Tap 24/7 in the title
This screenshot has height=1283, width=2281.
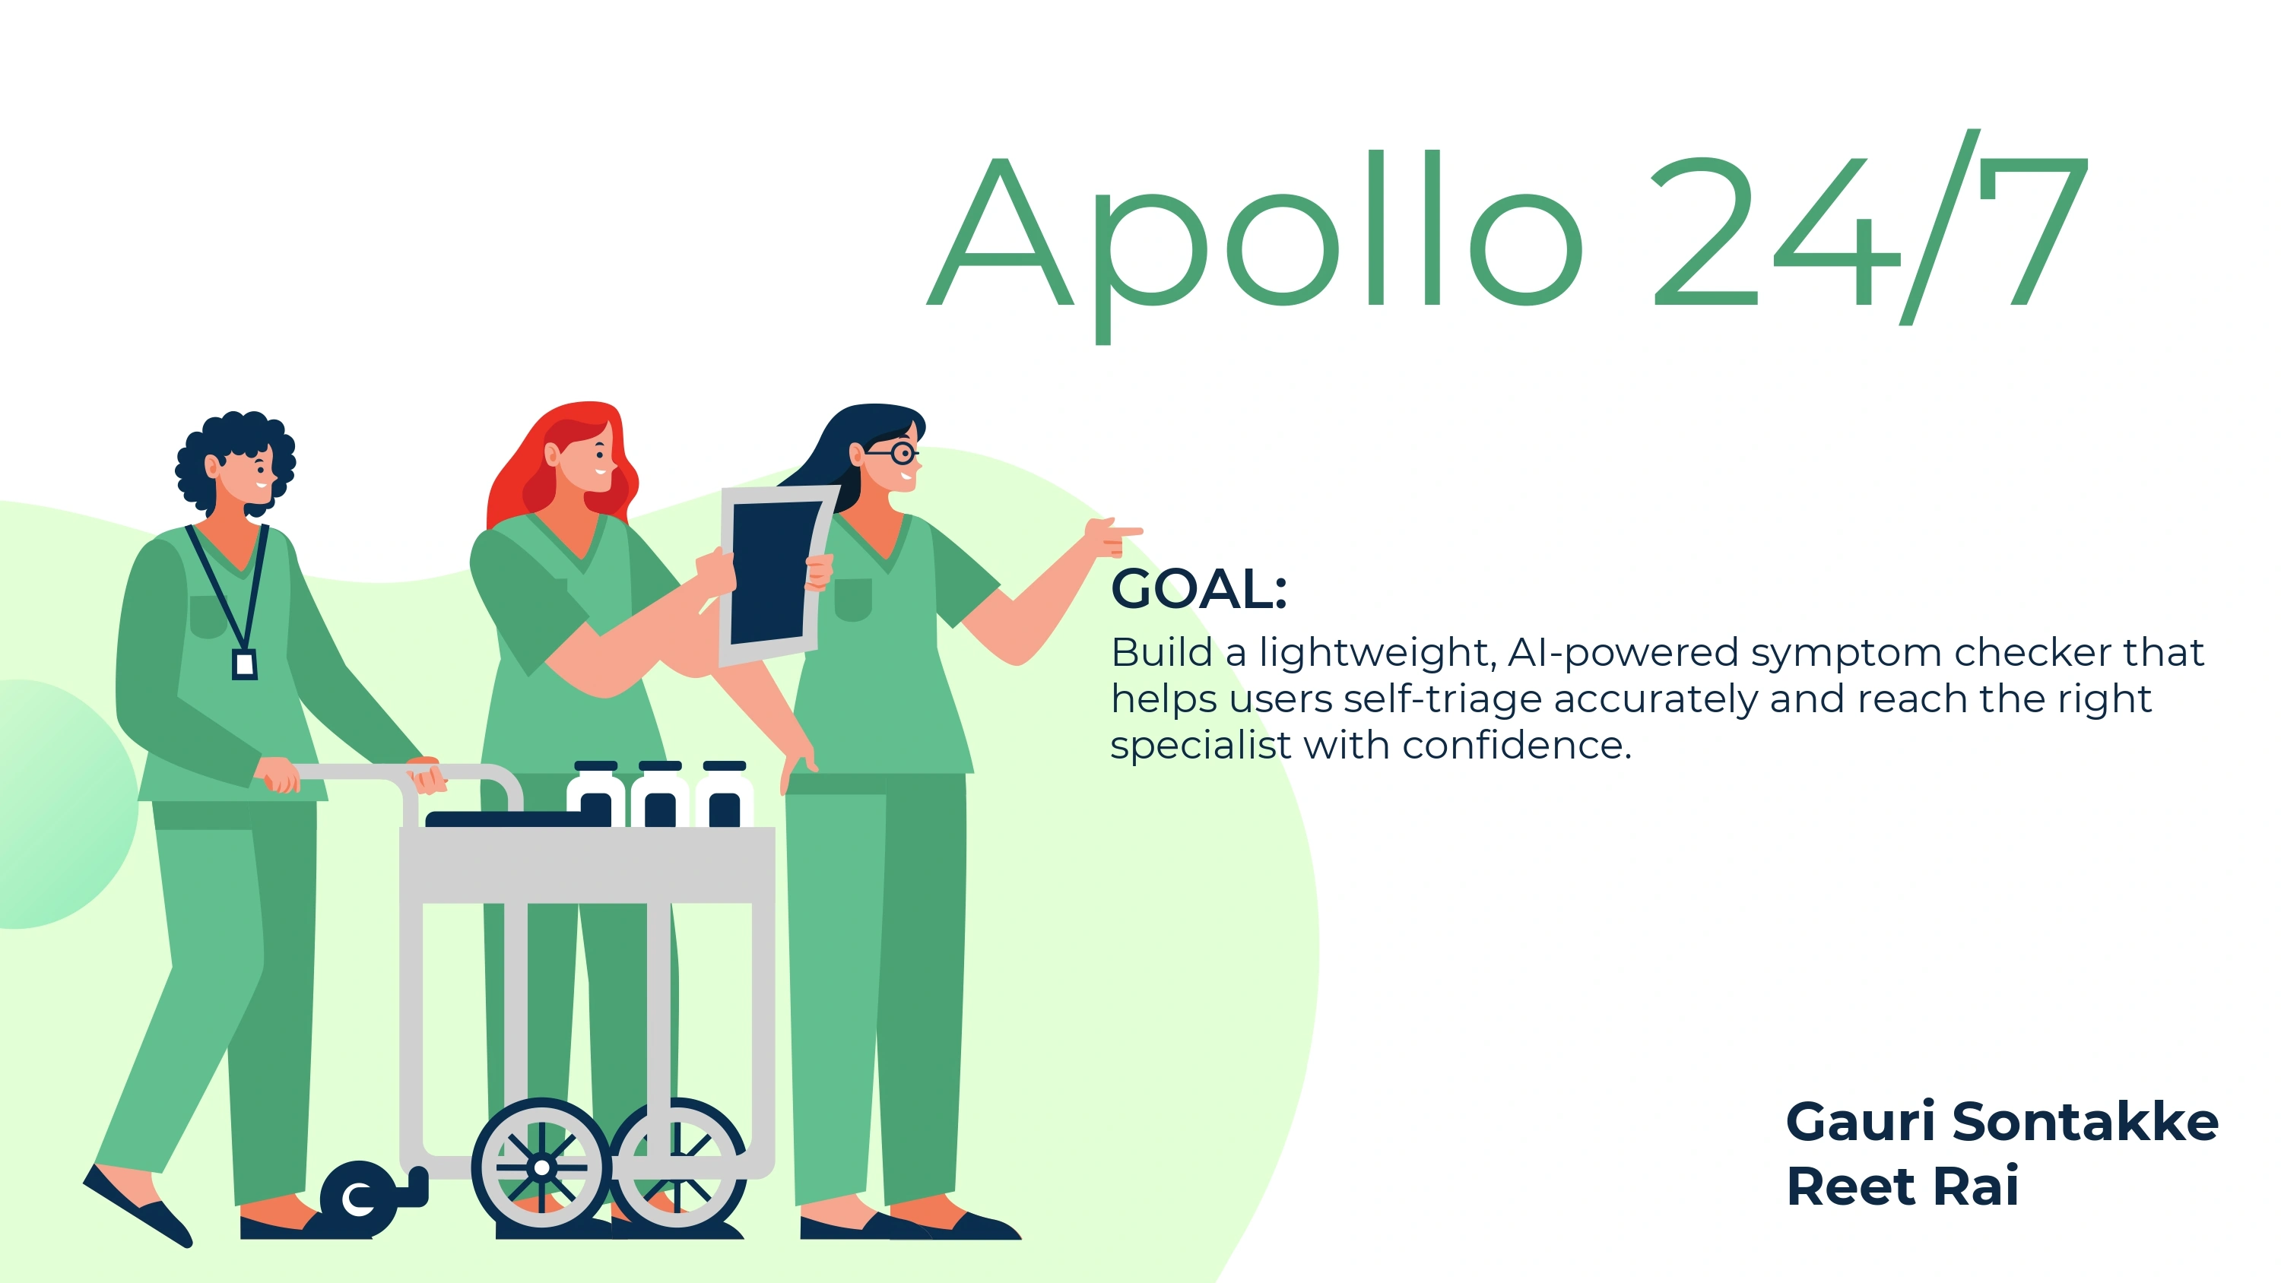[1871, 227]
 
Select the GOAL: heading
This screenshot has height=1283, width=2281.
[1199, 589]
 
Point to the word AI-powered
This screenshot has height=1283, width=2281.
[1623, 654]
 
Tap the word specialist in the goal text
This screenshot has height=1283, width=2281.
[1201, 746]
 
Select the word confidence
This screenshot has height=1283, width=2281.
[1516, 746]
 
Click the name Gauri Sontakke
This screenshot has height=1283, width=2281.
[2002, 1123]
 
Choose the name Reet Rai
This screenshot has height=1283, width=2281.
[1902, 1186]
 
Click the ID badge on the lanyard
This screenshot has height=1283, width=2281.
[244, 664]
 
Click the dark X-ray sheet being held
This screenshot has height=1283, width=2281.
[771, 572]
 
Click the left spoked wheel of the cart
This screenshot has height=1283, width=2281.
[541, 1167]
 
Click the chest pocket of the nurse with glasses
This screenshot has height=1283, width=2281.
[853, 600]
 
